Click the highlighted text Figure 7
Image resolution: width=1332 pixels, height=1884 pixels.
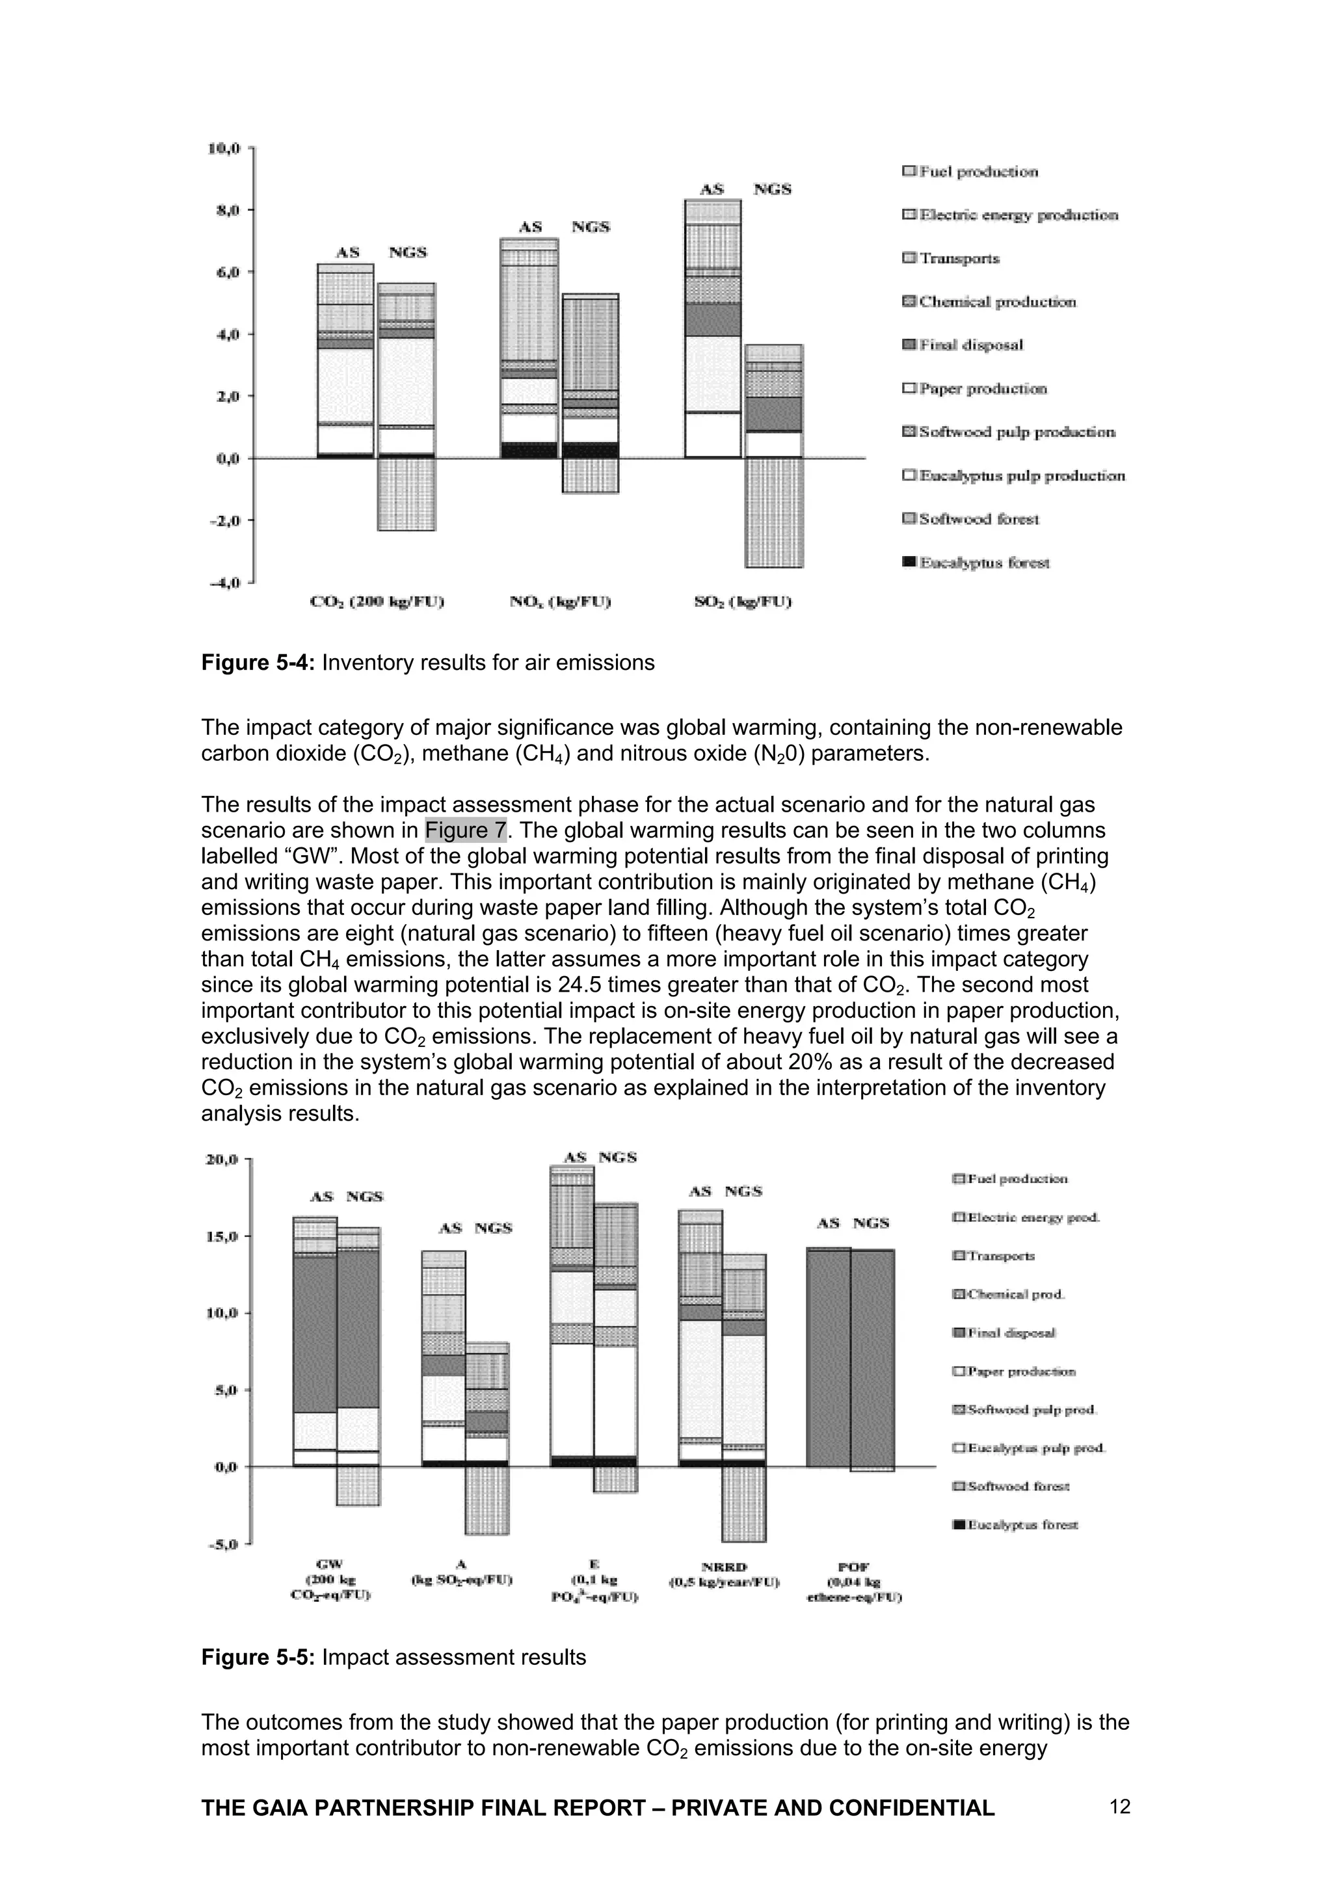(465, 830)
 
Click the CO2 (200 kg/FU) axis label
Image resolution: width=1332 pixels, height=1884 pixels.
(377, 602)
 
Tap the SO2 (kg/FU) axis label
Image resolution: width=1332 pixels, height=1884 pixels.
(742, 602)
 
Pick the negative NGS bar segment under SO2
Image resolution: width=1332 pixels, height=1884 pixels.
(774, 512)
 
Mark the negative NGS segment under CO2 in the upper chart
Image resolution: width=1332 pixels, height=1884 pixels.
(406, 494)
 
